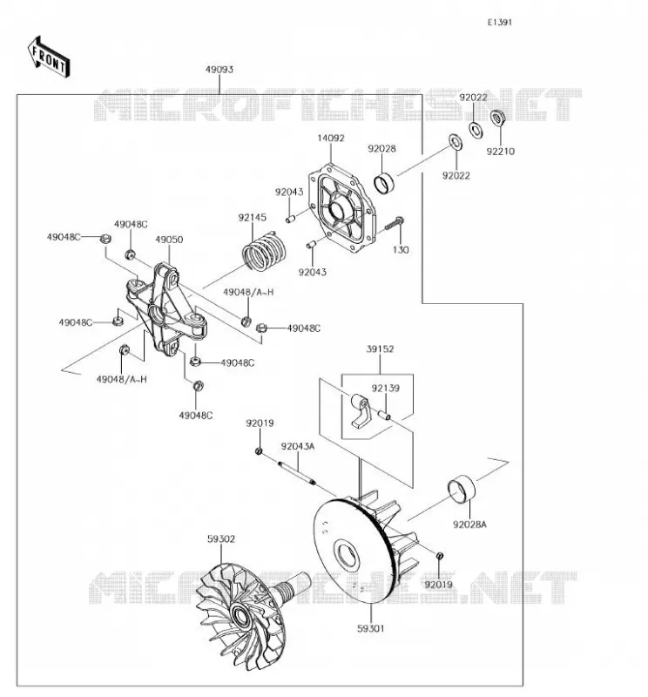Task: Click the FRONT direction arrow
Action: click(x=49, y=58)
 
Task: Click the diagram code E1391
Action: click(x=500, y=23)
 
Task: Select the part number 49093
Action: click(x=219, y=70)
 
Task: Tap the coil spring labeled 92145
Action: click(x=264, y=252)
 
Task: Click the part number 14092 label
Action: click(x=331, y=139)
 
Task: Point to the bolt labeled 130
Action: click(x=394, y=223)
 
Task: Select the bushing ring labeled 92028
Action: click(x=384, y=184)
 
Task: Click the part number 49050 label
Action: click(x=169, y=240)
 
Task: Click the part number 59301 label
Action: click(x=371, y=628)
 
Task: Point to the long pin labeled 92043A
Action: click(x=297, y=473)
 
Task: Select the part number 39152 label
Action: click(x=380, y=349)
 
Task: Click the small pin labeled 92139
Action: click(x=384, y=415)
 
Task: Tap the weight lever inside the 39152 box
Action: click(x=361, y=411)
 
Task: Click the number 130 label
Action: click(x=401, y=250)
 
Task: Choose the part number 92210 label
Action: click(x=501, y=152)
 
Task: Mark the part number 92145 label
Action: click(x=253, y=217)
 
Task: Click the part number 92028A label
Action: click(x=469, y=524)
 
